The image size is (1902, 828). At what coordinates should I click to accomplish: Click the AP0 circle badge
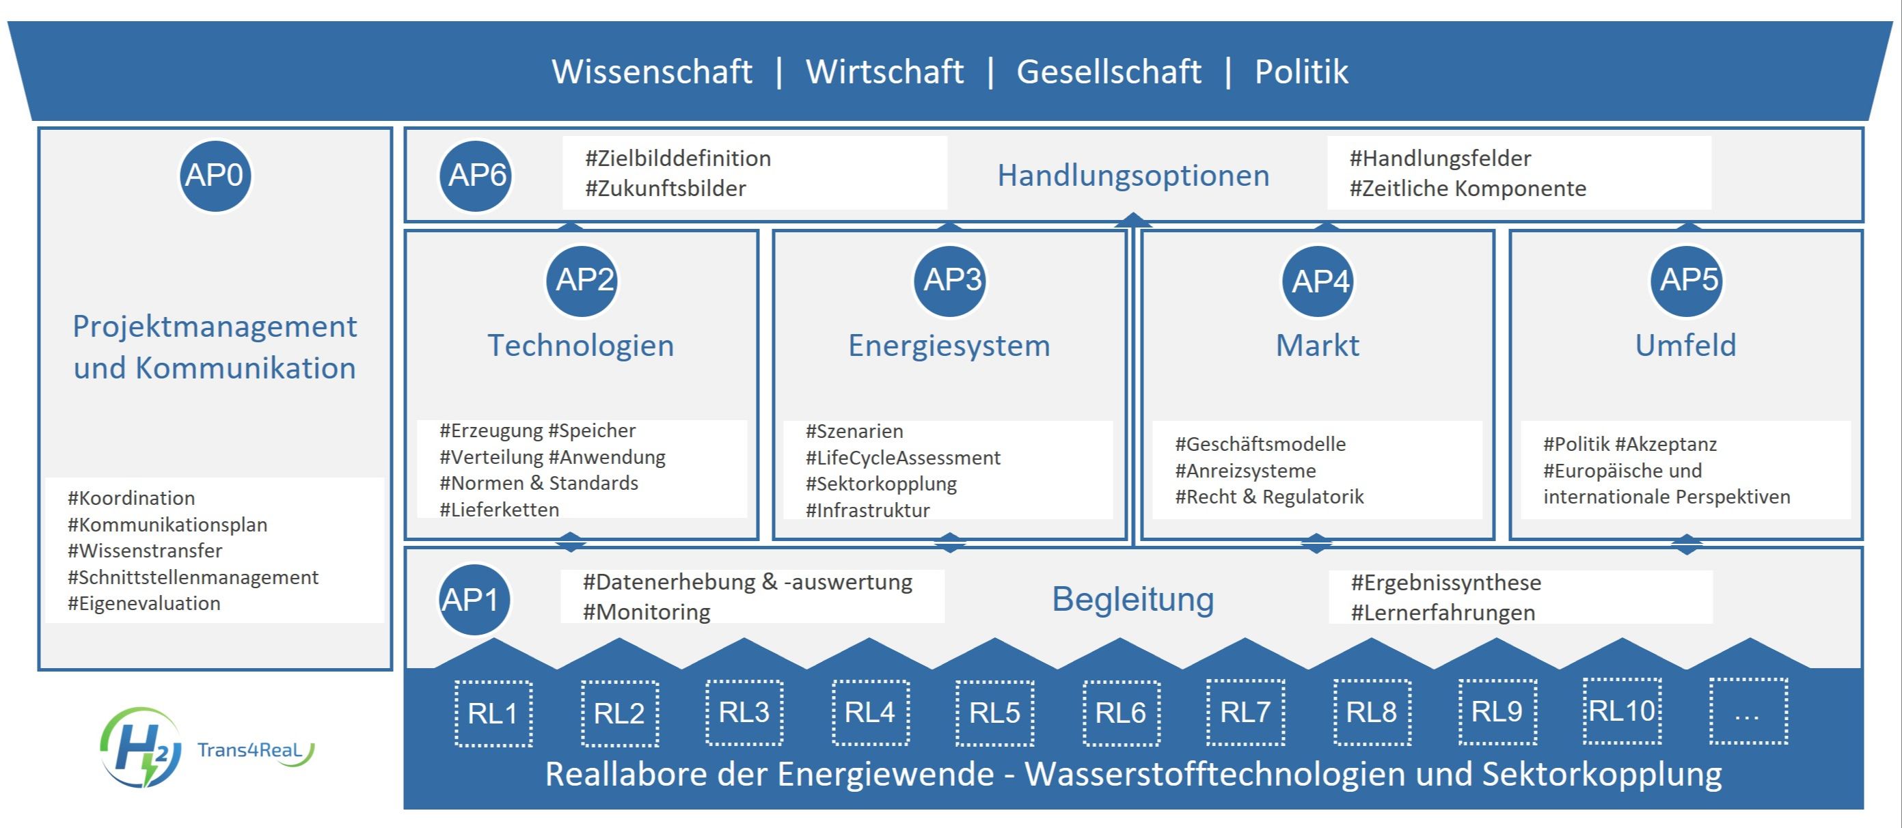(x=215, y=176)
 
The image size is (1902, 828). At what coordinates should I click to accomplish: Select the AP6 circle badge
(x=476, y=176)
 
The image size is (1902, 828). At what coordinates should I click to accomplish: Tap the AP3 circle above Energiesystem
(x=951, y=280)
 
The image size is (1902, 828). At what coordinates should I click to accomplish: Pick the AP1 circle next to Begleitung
(x=474, y=599)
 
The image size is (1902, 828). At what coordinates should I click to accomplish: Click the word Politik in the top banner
(x=1301, y=72)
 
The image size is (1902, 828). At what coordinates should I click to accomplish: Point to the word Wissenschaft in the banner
(x=652, y=72)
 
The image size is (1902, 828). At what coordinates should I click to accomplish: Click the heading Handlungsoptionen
(x=1133, y=176)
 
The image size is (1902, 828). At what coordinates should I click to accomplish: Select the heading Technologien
(x=581, y=346)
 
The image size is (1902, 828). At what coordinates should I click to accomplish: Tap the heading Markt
(x=1318, y=346)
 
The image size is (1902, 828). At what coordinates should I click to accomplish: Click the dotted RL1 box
(x=493, y=714)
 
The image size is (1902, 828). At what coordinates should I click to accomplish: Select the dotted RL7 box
(x=1246, y=712)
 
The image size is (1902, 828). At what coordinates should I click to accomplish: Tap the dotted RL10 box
(x=1622, y=710)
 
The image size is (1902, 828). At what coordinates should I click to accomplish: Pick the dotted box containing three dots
(x=1748, y=710)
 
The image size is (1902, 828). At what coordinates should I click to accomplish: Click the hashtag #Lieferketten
(x=499, y=509)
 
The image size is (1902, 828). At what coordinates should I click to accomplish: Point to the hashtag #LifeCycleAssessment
(x=902, y=458)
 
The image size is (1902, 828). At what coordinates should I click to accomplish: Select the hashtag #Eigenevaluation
(x=144, y=604)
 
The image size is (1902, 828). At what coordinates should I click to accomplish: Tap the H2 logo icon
(x=140, y=747)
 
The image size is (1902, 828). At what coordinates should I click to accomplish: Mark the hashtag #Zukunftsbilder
(x=665, y=188)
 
